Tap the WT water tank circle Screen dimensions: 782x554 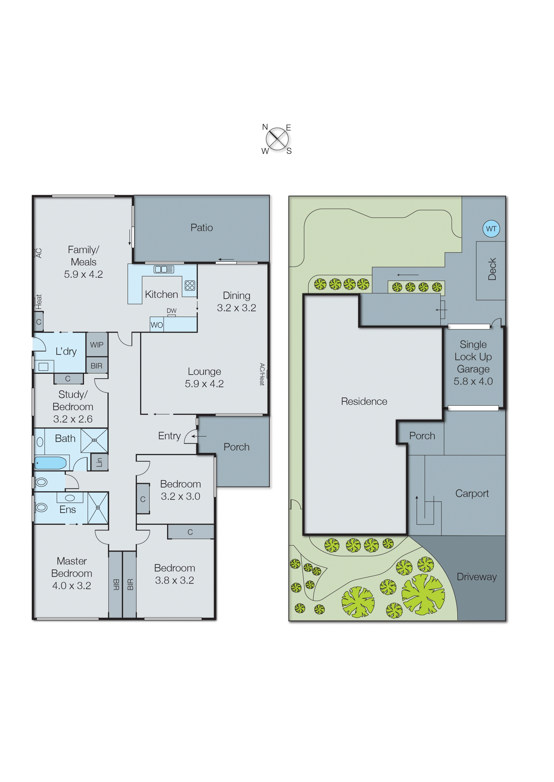pyautogui.click(x=491, y=229)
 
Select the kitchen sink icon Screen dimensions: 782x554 pyautogui.click(x=164, y=269)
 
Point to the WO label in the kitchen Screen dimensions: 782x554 pyautogui.click(x=157, y=325)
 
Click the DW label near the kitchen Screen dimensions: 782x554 pyautogui.click(x=172, y=311)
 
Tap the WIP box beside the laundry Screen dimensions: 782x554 pyautogui.click(x=97, y=345)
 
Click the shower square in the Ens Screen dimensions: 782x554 pyautogui.click(x=98, y=508)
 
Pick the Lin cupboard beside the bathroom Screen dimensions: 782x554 pyautogui.click(x=99, y=462)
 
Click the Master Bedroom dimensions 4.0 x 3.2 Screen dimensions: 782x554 pyautogui.click(x=72, y=586)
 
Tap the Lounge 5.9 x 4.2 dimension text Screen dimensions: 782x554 pyautogui.click(x=204, y=384)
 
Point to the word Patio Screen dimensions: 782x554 pyautogui.click(x=202, y=227)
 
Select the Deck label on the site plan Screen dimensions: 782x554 pyautogui.click(x=492, y=269)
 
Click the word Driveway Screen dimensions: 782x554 pyautogui.click(x=476, y=577)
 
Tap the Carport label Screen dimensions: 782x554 pyautogui.click(x=472, y=493)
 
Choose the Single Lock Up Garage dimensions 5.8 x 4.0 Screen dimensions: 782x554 pyautogui.click(x=473, y=381)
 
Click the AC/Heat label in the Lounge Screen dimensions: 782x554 pyautogui.click(x=262, y=374)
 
